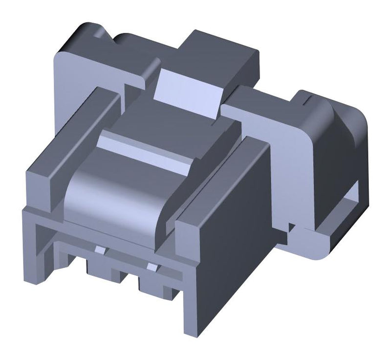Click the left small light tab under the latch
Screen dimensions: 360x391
(100, 251)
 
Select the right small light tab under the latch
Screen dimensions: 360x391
(152, 267)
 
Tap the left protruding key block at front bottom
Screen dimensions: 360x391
(100, 268)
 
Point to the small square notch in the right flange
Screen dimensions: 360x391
(292, 227)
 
